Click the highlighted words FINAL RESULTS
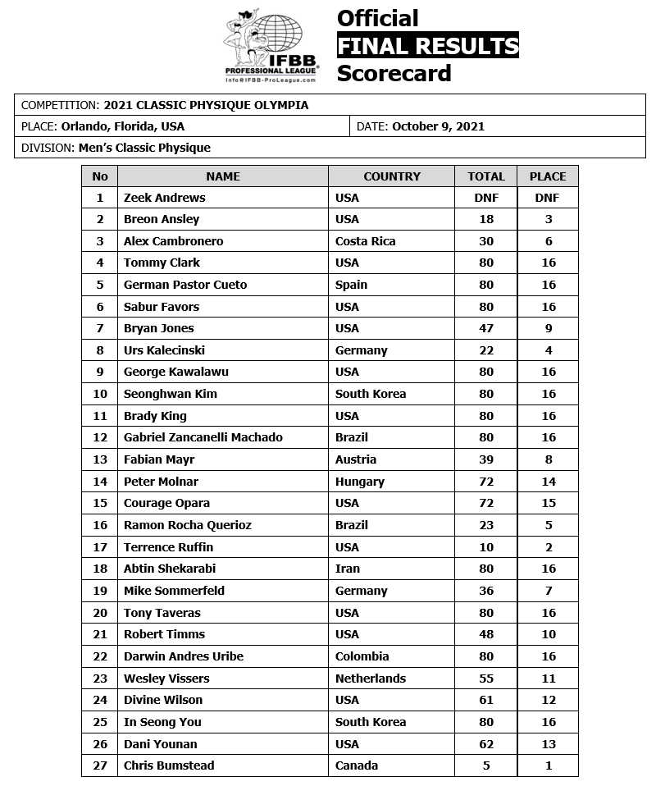[428, 45]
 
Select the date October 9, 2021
[438, 126]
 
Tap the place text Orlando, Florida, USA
[123, 126]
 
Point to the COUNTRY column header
[392, 176]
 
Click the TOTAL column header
[486, 176]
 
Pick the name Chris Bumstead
[169, 765]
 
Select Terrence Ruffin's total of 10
[486, 547]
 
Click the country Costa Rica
[366, 241]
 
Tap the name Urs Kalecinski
[164, 350]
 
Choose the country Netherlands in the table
[371, 679]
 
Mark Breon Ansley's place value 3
[549, 219]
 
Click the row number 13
[100, 459]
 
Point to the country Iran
[348, 569]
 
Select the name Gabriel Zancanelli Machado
[203, 437]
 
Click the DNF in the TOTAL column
[486, 198]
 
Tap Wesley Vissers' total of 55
[486, 679]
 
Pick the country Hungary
[361, 482]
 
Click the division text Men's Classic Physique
[144, 148]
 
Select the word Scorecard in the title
[394, 73]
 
